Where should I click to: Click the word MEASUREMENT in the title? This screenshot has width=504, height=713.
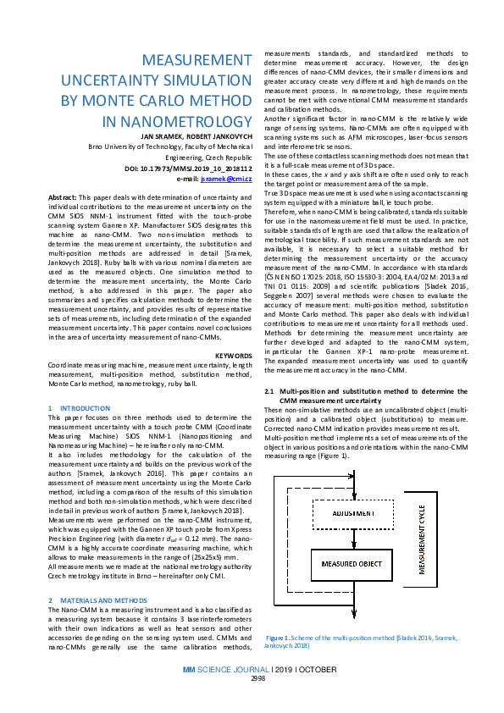192,61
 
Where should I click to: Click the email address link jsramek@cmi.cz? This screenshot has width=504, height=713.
231,180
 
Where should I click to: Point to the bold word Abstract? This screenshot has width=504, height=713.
64,196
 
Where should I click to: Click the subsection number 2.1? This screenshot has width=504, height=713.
271,391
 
